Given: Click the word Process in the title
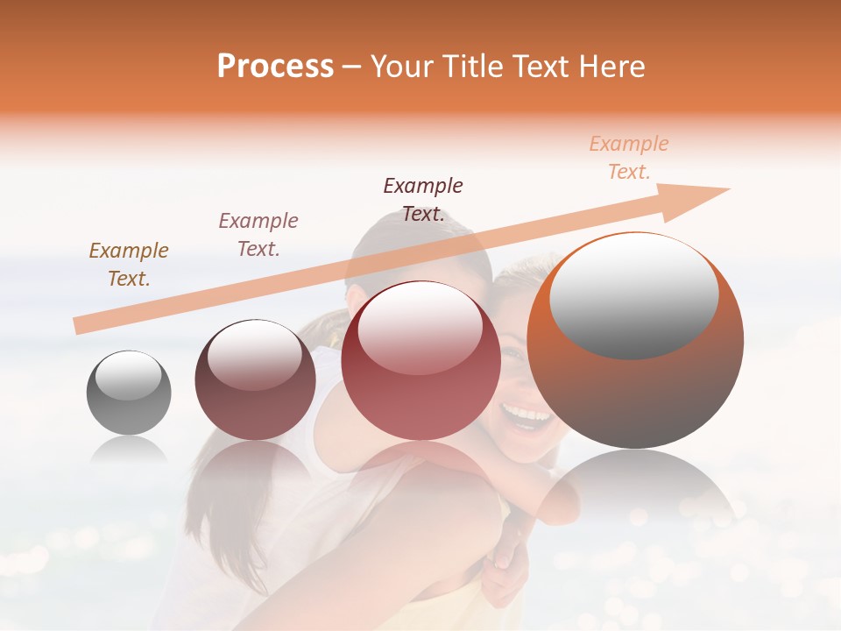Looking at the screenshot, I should pyautogui.click(x=275, y=67).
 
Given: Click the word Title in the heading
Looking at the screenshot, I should pyautogui.click(x=471, y=67).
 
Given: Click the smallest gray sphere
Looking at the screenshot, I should pyautogui.click(x=129, y=393).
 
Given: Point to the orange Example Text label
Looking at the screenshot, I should pyautogui.click(x=629, y=158).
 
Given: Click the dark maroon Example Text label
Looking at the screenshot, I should pyautogui.click(x=423, y=199).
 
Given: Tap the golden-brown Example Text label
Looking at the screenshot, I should pyautogui.click(x=129, y=265).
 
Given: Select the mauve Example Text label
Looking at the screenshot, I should pyautogui.click(x=258, y=234).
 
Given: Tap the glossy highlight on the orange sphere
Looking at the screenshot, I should pyautogui.click(x=633, y=294).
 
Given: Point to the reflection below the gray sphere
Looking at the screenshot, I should pyautogui.click(x=129, y=450).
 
